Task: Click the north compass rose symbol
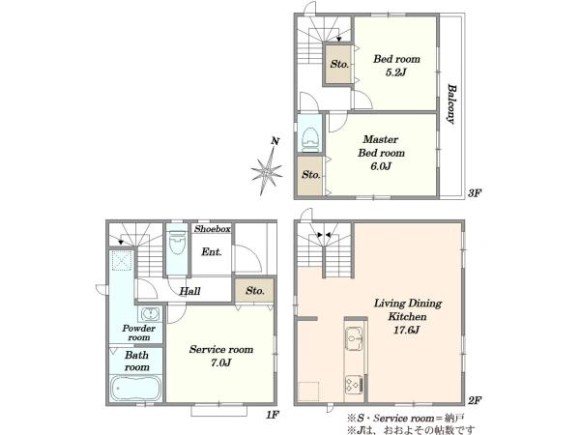267,171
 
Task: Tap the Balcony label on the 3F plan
451,104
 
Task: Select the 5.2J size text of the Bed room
395,72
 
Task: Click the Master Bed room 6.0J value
381,166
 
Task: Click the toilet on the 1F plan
177,243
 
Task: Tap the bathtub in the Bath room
136,388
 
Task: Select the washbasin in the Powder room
150,314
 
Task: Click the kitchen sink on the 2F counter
355,337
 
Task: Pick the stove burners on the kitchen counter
354,385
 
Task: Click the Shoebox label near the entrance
213,229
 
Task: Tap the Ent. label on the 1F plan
212,252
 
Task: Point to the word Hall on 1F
189,291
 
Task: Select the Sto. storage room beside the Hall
254,290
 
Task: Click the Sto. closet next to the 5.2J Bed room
338,64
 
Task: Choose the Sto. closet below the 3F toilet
310,175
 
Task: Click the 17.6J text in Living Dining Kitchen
407,330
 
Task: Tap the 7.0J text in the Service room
220,362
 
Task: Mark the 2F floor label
475,400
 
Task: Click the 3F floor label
475,192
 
